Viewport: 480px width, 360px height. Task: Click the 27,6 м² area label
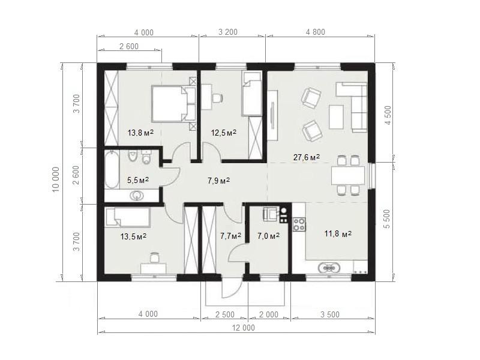click(x=307, y=157)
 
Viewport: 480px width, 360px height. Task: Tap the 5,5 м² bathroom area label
click(x=138, y=180)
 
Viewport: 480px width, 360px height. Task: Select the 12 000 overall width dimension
click(x=244, y=328)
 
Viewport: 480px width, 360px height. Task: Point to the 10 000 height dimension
click(x=56, y=179)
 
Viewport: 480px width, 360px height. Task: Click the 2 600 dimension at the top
click(x=129, y=46)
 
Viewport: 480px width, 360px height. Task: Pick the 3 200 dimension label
click(x=228, y=32)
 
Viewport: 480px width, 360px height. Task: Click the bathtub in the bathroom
click(x=112, y=170)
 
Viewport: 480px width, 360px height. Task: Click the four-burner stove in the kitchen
click(x=299, y=224)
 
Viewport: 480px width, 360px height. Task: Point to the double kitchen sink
click(x=329, y=268)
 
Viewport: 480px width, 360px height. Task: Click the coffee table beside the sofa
click(x=336, y=116)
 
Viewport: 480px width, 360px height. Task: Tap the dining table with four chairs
click(x=348, y=176)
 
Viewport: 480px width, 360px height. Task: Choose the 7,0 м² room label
click(x=268, y=236)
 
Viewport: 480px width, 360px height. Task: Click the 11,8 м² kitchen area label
click(x=338, y=234)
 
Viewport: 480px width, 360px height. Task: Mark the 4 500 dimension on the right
click(x=388, y=115)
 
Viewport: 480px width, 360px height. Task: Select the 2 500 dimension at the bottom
click(x=224, y=314)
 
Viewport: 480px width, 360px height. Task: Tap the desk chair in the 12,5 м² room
click(x=217, y=98)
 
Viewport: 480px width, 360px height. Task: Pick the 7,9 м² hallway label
click(x=218, y=181)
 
